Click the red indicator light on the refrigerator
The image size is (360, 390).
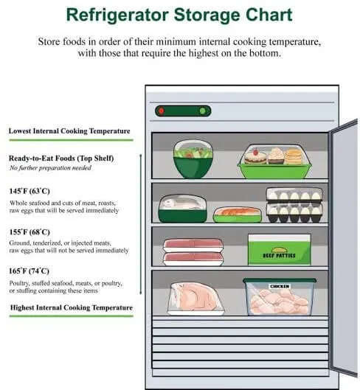(162, 111)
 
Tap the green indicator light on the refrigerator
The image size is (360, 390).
(203, 111)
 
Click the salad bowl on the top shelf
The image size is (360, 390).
(193, 159)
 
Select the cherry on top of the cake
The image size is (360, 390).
(255, 151)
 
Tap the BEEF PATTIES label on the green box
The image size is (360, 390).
(279, 255)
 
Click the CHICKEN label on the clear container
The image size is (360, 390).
(280, 286)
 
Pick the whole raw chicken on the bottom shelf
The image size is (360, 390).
(195, 297)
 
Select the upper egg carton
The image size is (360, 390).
(294, 194)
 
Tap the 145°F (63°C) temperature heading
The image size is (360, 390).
(30, 191)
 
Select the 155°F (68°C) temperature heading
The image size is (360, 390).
(30, 231)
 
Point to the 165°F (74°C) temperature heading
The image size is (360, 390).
(29, 271)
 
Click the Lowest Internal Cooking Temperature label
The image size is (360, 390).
(69, 130)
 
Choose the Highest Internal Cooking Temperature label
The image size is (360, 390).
(72, 307)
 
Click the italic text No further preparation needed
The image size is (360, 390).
(50, 168)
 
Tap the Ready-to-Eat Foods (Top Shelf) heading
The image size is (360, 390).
(61, 159)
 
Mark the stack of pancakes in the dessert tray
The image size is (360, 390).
(294, 156)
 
